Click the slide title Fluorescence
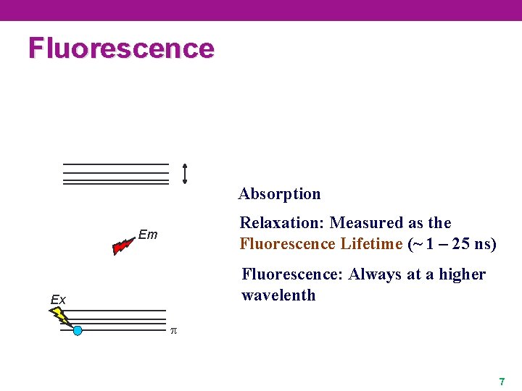tap(121, 48)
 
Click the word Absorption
tap(279, 194)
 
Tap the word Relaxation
tap(281, 223)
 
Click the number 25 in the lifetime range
tap(461, 244)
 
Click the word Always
tap(374, 274)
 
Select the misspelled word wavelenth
tap(278, 295)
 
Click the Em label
tap(147, 235)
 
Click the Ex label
tap(58, 300)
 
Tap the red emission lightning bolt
tap(123, 246)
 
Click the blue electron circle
tap(78, 331)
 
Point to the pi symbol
tap(173, 331)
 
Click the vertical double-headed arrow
tap(185, 174)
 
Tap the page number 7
tap(501, 381)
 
